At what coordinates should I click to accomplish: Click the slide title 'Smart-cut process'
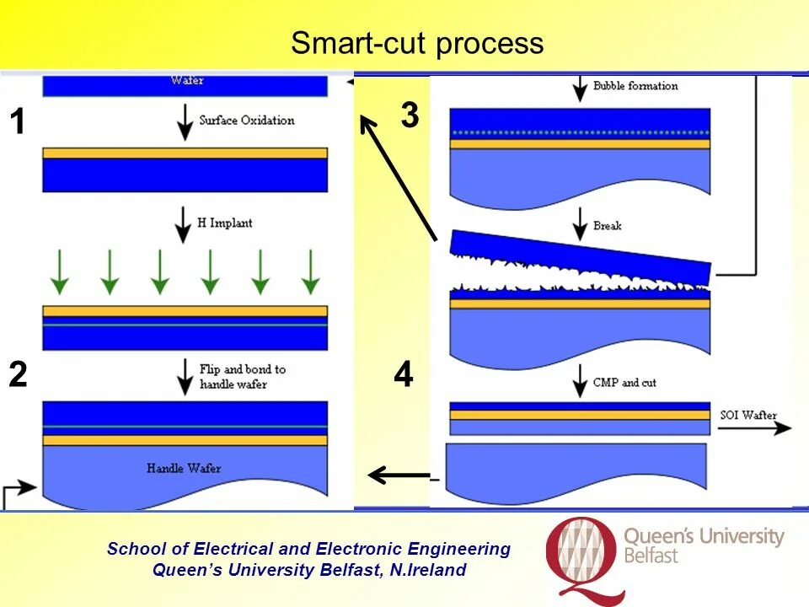pyautogui.click(x=417, y=43)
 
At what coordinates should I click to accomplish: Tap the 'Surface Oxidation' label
pyautogui.click(x=246, y=121)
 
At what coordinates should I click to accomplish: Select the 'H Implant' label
pyautogui.click(x=224, y=223)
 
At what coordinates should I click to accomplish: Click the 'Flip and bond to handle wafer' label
pyautogui.click(x=243, y=377)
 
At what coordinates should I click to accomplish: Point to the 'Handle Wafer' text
pyautogui.click(x=184, y=468)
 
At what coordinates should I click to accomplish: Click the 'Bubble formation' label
pyautogui.click(x=635, y=86)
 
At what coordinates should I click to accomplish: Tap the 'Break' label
pyautogui.click(x=607, y=226)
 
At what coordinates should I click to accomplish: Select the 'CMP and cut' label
pyautogui.click(x=624, y=383)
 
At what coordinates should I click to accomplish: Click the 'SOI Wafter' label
pyautogui.click(x=748, y=415)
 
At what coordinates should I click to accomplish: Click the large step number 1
pyautogui.click(x=17, y=124)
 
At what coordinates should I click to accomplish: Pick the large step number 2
pyautogui.click(x=18, y=375)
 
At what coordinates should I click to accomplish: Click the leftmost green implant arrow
pyautogui.click(x=60, y=271)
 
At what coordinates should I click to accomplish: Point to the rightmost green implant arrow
pyautogui.click(x=311, y=271)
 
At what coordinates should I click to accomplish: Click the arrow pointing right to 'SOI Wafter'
pyautogui.click(x=754, y=428)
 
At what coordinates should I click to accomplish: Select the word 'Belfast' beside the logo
pyautogui.click(x=651, y=556)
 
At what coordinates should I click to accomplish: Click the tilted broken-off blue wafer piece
pyautogui.click(x=581, y=258)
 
